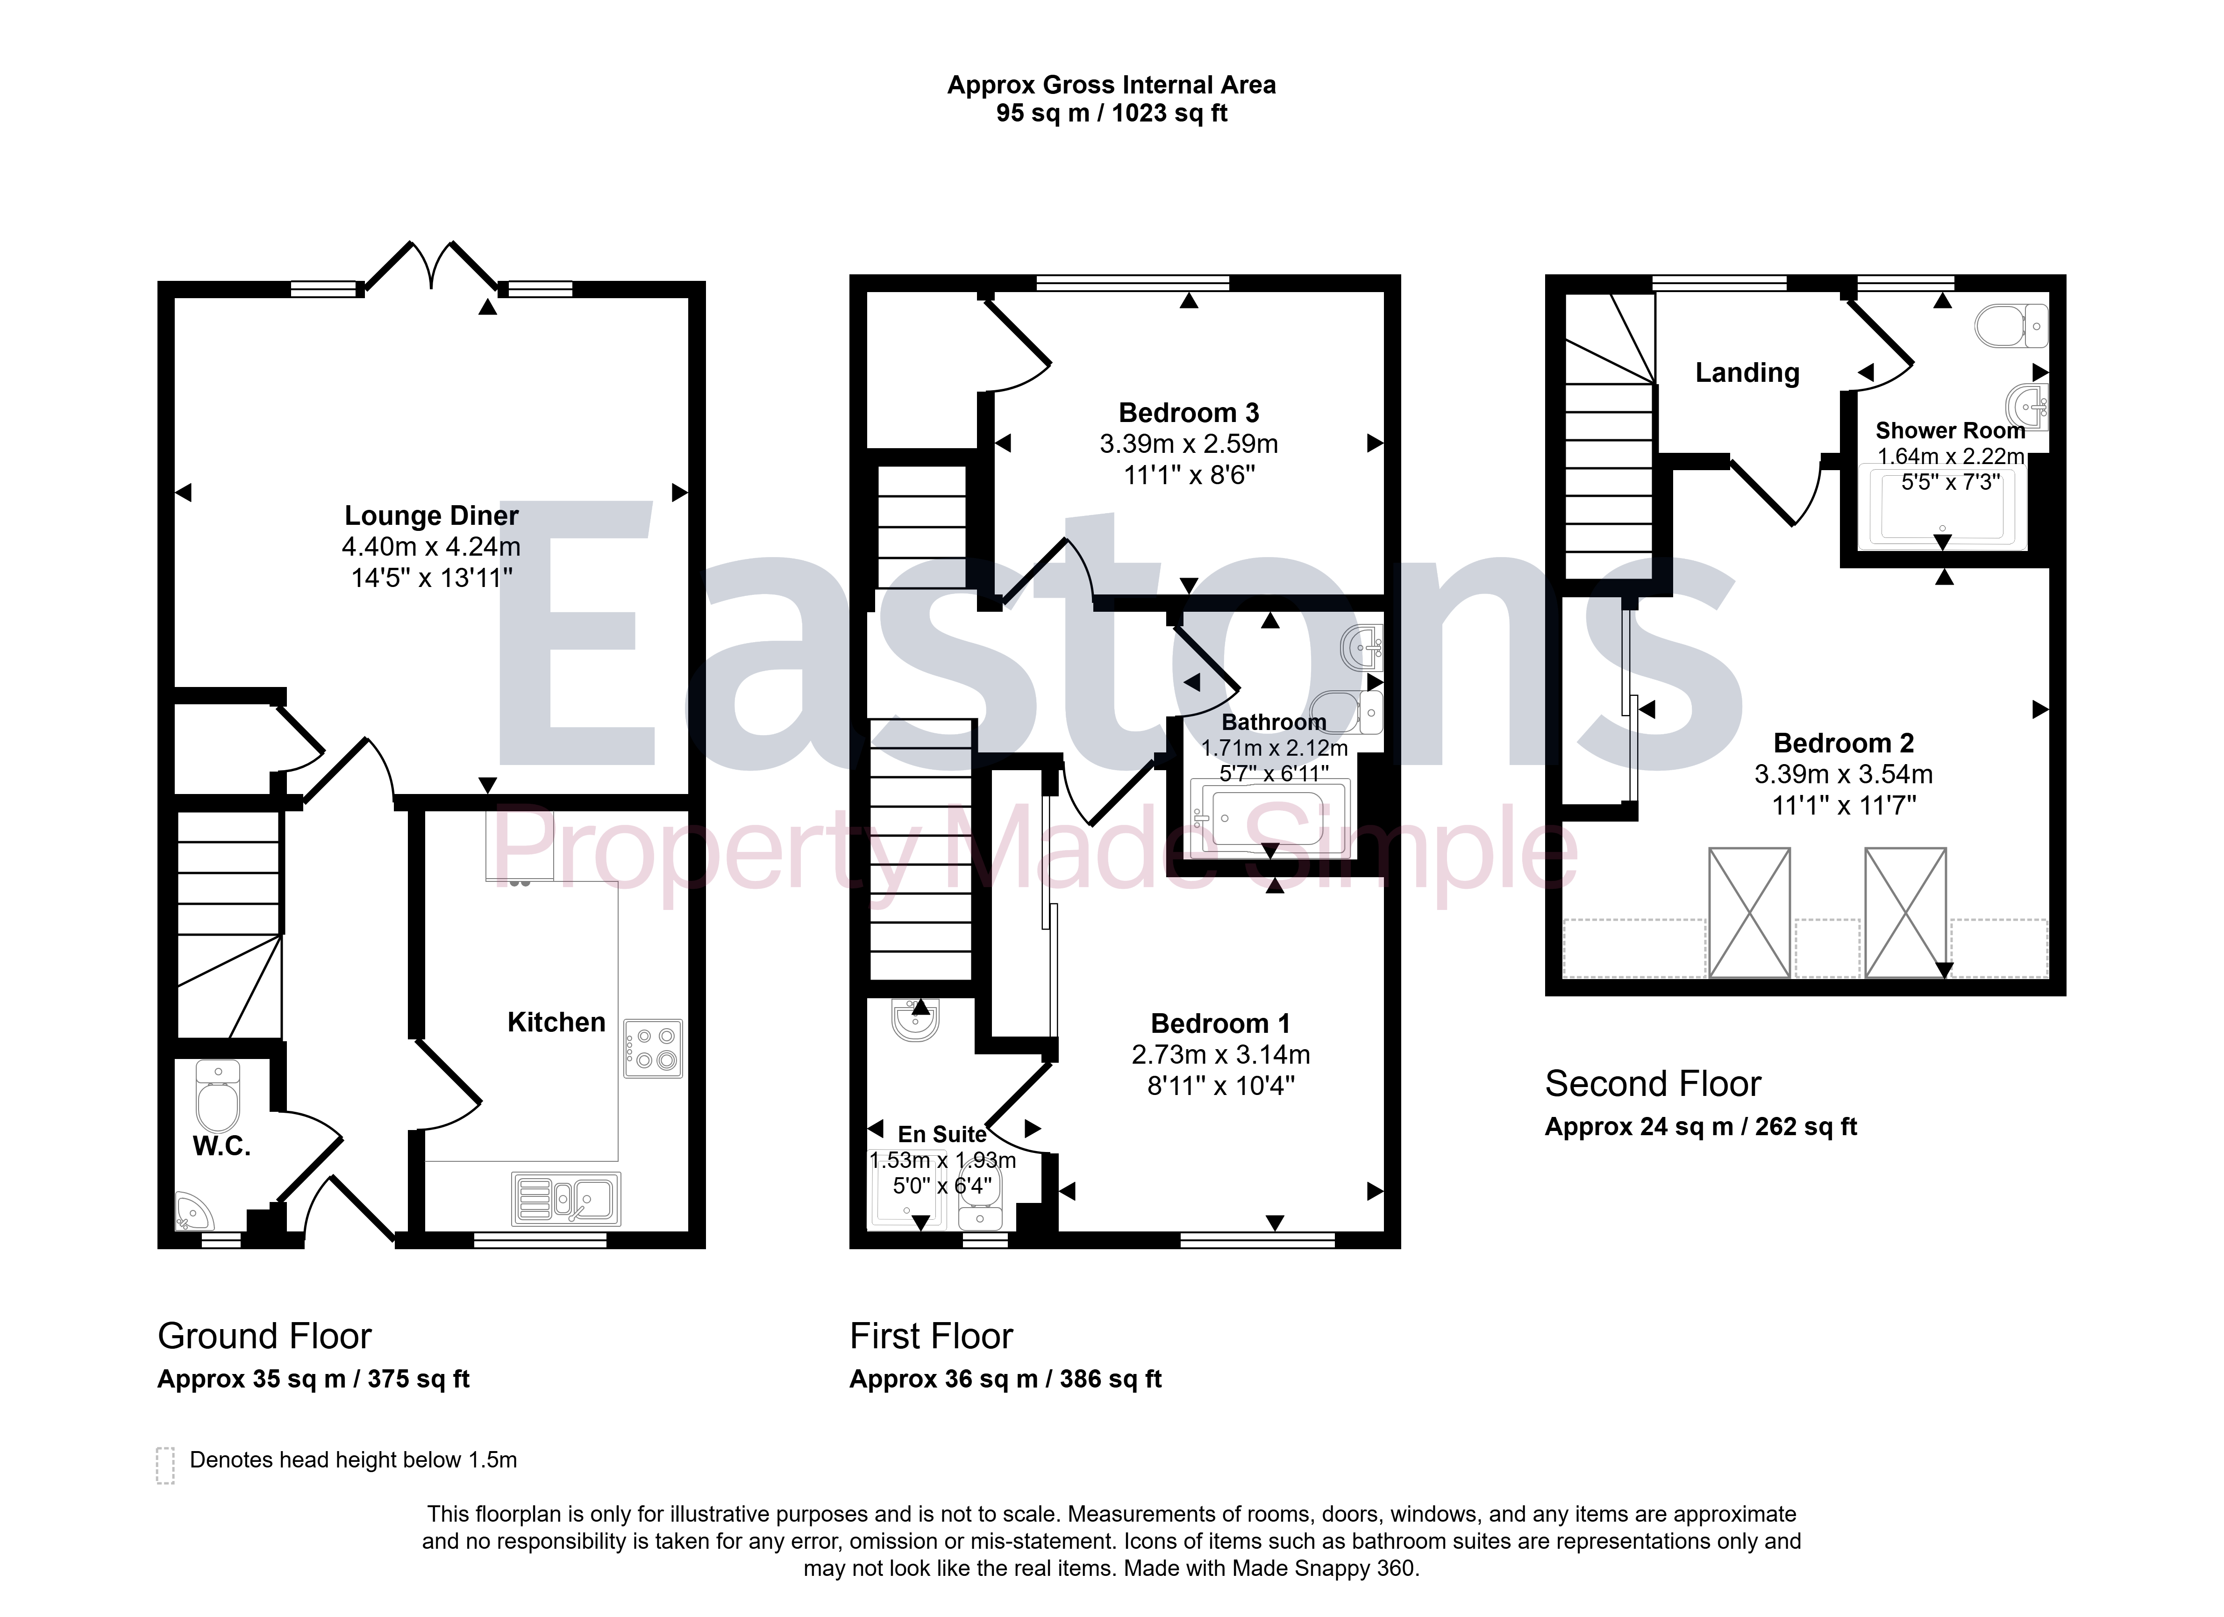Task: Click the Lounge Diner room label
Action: click(x=431, y=516)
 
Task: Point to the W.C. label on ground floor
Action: click(x=221, y=1146)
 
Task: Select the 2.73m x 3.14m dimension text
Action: click(x=1221, y=1055)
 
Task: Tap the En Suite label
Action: click(x=942, y=1135)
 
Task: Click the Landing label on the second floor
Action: click(x=1747, y=372)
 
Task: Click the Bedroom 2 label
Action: click(x=1844, y=743)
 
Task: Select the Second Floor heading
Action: click(x=1654, y=1084)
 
